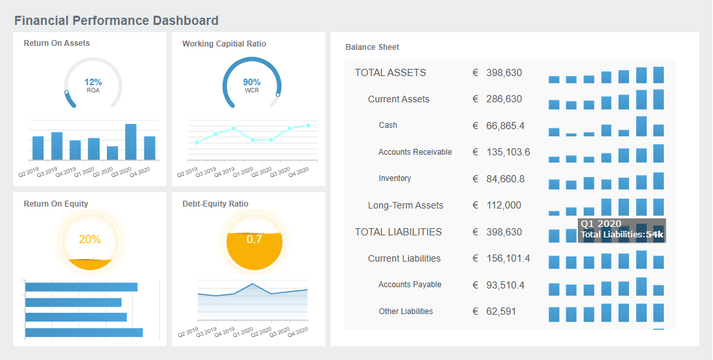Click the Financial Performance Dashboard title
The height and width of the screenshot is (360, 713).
(116, 21)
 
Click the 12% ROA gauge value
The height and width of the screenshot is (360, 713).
(93, 82)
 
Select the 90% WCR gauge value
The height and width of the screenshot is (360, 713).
(252, 82)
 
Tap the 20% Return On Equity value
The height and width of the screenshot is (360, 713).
(90, 239)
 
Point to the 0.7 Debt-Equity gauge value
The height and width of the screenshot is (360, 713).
(254, 239)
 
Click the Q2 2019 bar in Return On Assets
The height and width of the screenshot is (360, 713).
(38, 148)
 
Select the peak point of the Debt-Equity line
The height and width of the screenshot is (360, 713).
(253, 284)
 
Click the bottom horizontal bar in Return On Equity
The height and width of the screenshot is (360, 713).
(83, 332)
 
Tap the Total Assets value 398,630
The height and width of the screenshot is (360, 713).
(504, 73)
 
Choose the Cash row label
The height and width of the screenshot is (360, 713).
(388, 125)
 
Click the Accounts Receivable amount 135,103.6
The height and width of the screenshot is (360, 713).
(508, 152)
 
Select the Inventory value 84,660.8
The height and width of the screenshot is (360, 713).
(505, 179)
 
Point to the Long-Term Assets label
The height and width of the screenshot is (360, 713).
(405, 205)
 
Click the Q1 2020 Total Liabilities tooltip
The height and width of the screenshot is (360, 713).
(622, 230)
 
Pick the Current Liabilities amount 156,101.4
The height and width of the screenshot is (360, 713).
(508, 258)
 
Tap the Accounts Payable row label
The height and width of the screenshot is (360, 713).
(409, 285)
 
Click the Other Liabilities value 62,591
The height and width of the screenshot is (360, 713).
(501, 311)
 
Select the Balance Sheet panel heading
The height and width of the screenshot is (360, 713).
(372, 47)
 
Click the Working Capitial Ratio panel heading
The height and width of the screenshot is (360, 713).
(224, 44)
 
